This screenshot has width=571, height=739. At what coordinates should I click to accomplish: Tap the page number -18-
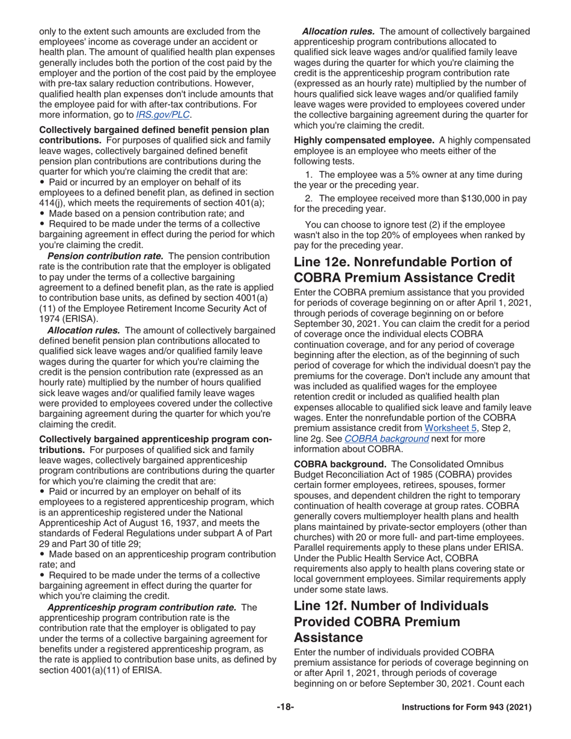285,708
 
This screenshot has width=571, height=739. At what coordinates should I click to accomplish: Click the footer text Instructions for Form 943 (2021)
466,708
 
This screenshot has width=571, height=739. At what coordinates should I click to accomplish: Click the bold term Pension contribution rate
105,256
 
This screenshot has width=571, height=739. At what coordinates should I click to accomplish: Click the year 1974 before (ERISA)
49,318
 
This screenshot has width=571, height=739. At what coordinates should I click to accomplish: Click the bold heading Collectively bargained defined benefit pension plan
154,130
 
